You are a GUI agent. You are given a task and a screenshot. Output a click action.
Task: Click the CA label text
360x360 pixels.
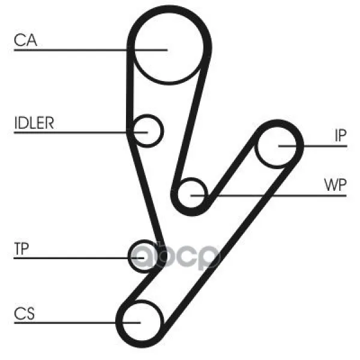pos(25,40)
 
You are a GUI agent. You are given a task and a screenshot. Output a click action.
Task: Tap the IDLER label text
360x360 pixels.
pos(34,123)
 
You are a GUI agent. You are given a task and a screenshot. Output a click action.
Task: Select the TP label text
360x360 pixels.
pos(22,248)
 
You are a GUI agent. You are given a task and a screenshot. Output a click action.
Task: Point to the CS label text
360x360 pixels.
pos(25,313)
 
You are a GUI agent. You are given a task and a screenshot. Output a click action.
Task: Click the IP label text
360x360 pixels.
pos(340,136)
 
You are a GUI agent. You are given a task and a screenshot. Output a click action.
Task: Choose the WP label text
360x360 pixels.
pos(335,185)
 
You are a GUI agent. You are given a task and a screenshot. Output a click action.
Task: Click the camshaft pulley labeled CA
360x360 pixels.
pos(169,83)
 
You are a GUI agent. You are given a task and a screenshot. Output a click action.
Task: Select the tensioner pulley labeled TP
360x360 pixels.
pos(129,256)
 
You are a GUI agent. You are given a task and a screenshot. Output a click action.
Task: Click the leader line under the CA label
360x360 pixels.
pos(91,50)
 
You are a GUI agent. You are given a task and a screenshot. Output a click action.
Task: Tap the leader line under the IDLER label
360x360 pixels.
pos(80,133)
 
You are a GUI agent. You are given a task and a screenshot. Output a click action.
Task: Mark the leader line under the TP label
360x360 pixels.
pos(79,258)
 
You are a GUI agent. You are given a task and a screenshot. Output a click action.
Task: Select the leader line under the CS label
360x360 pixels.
pos(77,323)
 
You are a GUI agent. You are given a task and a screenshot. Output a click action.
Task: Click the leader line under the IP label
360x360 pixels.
pos(313,146)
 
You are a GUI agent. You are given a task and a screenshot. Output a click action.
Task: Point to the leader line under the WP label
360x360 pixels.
pos(268,196)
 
